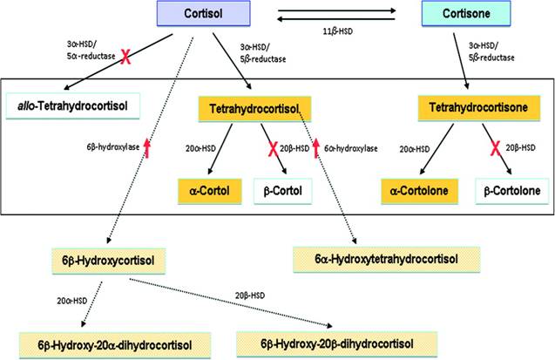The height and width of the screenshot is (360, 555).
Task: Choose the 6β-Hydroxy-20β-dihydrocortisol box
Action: [324, 341]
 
